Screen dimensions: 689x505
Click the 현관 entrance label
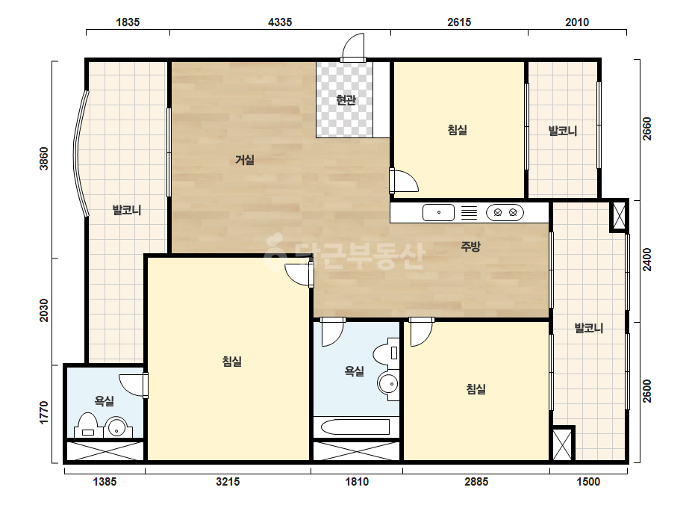(x=346, y=100)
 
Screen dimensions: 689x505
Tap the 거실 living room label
(x=245, y=160)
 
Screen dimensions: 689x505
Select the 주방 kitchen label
(x=470, y=247)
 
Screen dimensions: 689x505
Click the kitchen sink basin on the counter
(x=438, y=212)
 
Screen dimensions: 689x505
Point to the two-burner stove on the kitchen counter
(x=505, y=212)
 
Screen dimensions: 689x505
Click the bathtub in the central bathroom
(x=355, y=427)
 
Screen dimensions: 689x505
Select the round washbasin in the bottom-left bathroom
(x=116, y=427)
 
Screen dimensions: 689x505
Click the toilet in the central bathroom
(x=386, y=353)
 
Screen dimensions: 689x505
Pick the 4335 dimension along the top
(x=280, y=22)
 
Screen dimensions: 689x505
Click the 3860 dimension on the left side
(x=44, y=159)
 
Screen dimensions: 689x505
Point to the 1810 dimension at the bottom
(x=357, y=482)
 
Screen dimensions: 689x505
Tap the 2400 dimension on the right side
(x=646, y=259)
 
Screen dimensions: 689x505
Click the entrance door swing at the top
(x=353, y=46)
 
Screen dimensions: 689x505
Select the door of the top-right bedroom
(x=404, y=180)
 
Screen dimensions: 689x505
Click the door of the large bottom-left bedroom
(x=299, y=275)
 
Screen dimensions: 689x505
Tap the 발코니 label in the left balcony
(x=127, y=210)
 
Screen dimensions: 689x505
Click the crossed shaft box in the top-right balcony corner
(x=619, y=216)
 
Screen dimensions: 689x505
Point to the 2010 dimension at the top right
(x=577, y=22)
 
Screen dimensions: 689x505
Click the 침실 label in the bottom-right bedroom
(x=476, y=389)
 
